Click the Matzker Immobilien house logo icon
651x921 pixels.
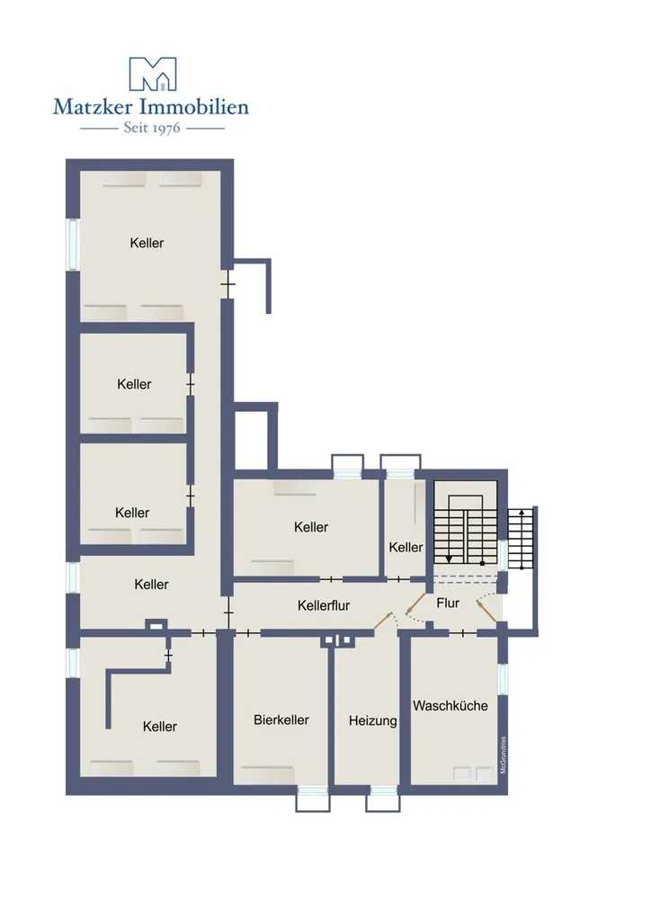click(x=153, y=74)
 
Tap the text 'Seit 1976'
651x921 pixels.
click(x=151, y=128)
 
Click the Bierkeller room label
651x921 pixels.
click(x=281, y=720)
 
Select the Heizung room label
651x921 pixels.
click(x=373, y=720)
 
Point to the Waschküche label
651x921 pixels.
click(x=450, y=705)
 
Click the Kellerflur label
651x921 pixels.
click(x=324, y=605)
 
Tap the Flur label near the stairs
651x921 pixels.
click(x=448, y=603)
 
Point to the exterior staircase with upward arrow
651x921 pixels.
click(x=522, y=538)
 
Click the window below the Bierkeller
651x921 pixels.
click(x=312, y=799)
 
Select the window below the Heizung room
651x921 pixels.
click(x=383, y=799)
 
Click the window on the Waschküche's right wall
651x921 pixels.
click(x=503, y=678)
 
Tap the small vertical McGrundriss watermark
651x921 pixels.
click(x=503, y=756)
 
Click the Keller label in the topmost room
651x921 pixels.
click(x=147, y=243)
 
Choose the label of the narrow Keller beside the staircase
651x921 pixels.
click(x=406, y=547)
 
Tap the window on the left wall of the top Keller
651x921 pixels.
click(x=73, y=245)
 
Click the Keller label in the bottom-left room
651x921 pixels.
click(x=160, y=727)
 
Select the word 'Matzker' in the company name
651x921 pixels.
click(x=93, y=106)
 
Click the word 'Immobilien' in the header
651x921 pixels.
click(x=193, y=106)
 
